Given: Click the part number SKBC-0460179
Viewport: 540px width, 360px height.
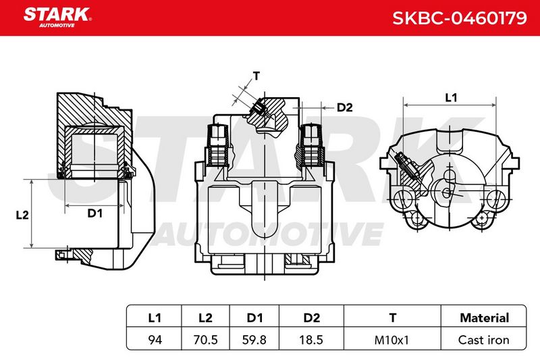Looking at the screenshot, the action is coord(460,18).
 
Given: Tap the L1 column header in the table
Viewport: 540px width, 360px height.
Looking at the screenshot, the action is coord(155,317).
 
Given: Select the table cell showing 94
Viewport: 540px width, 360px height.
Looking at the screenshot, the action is coord(155,340).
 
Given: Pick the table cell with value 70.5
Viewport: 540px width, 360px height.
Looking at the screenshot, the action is coord(206,340).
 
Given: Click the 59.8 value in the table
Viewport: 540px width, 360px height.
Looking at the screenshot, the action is coord(254,340).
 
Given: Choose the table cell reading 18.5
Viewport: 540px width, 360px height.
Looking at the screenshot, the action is coord(311,340).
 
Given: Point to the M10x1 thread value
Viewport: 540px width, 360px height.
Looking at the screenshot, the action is coord(391,340).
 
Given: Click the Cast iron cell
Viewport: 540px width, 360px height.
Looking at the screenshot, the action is coord(483,340).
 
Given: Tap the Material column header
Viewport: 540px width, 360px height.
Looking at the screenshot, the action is coord(484,317).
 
